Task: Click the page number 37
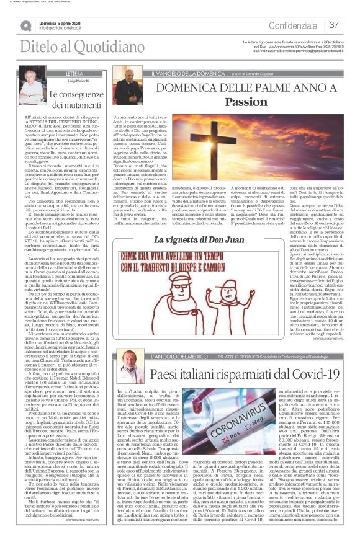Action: click(x=334, y=25)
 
